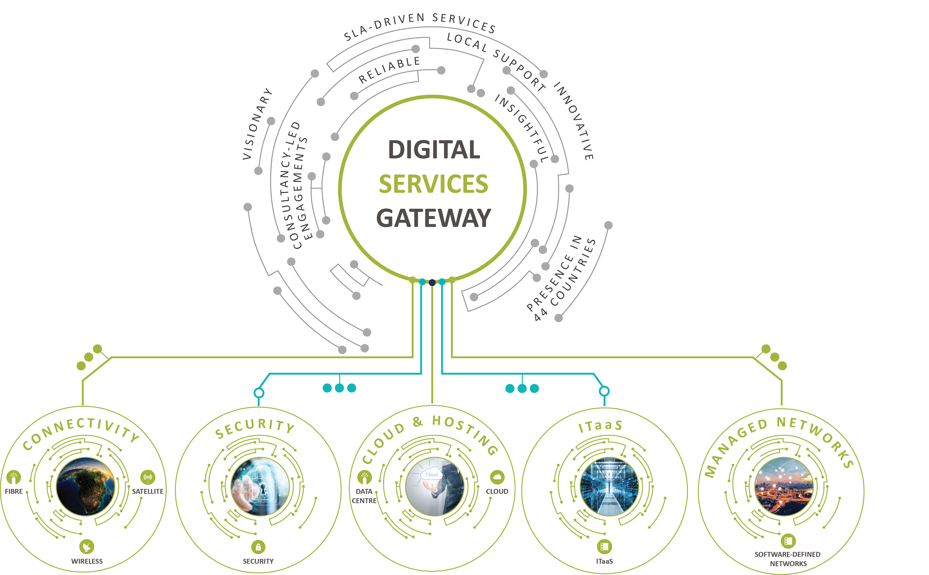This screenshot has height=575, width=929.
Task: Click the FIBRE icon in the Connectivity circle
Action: click(x=14, y=477)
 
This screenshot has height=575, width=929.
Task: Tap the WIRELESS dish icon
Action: click(x=87, y=546)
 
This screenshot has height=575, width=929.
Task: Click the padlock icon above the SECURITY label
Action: click(x=258, y=547)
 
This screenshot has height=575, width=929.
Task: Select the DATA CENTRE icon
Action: click(x=364, y=477)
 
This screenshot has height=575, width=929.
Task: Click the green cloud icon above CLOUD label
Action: click(x=497, y=477)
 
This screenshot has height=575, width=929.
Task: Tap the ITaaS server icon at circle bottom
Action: click(x=604, y=547)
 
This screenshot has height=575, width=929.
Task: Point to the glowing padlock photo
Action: click(x=260, y=487)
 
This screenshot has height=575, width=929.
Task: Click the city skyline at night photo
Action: click(x=783, y=487)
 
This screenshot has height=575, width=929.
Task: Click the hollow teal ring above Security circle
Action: click(x=259, y=392)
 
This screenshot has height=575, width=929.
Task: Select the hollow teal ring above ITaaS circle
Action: click(x=604, y=391)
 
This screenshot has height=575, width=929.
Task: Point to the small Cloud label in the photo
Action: click(x=431, y=475)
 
